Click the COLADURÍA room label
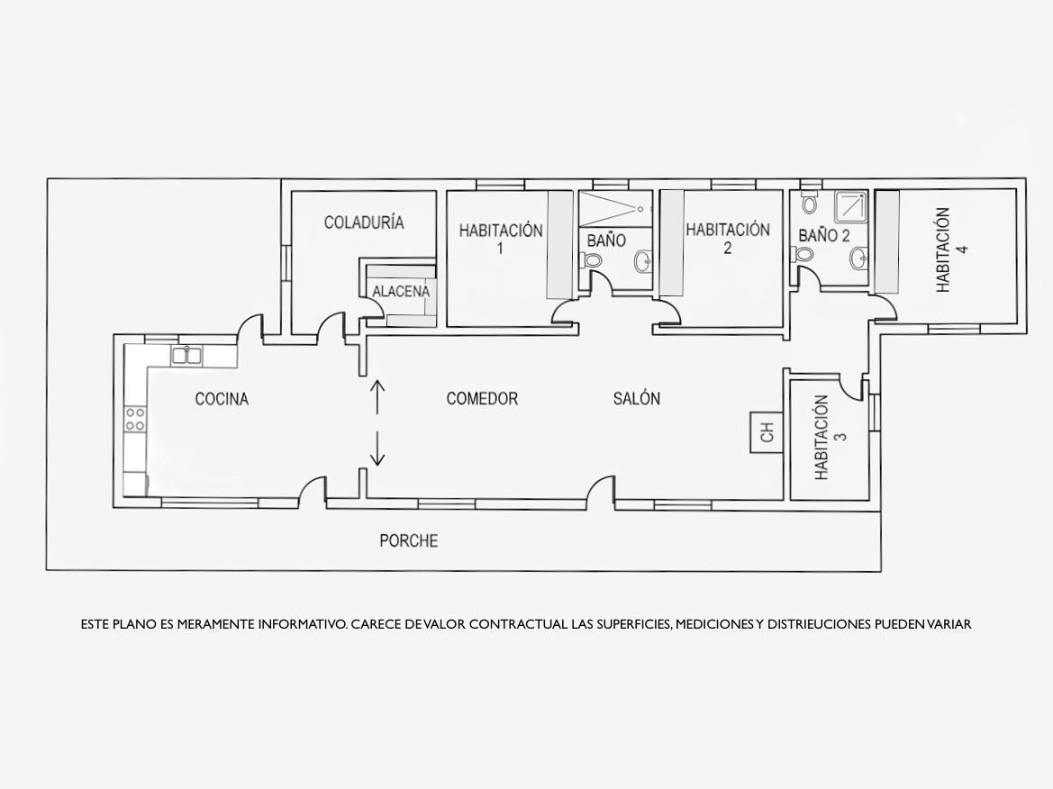364,222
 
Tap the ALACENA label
401,292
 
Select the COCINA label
222,399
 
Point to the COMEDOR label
482,398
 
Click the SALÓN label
637,398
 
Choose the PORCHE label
408,540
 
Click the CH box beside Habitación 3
767,432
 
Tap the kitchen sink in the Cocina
187,355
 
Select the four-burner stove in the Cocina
135,419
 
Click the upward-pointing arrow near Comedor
377,398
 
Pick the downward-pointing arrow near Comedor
377,448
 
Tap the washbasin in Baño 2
859,258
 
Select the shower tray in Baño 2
851,206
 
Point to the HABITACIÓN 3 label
830,437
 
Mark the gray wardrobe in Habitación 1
557,244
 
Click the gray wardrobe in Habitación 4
886,241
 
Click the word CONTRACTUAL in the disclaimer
518,624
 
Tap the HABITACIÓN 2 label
727,239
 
